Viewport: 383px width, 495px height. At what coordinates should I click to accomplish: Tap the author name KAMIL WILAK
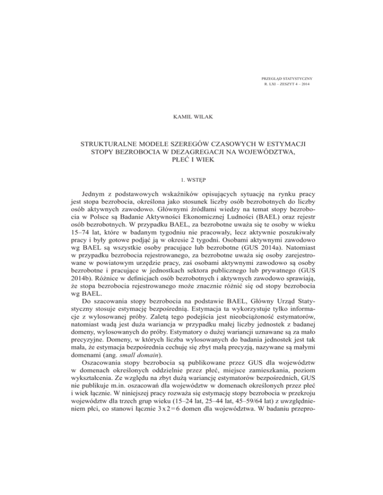pyautogui.click(x=191, y=118)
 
